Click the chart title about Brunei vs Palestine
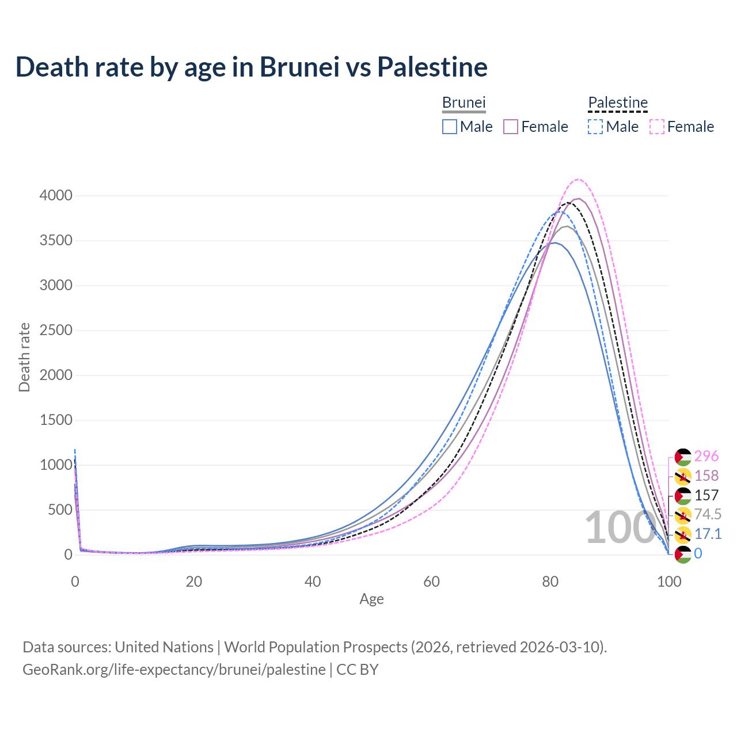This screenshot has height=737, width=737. [x=252, y=67]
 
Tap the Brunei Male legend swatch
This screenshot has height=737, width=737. [x=450, y=127]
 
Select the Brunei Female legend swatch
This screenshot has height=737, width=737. [x=511, y=127]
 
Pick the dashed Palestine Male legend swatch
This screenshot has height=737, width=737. [x=595, y=127]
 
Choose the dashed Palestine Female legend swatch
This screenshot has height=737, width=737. [x=657, y=127]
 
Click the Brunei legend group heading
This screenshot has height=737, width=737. [x=464, y=102]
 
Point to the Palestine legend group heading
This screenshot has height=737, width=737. [x=618, y=102]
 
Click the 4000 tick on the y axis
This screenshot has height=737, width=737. [x=56, y=196]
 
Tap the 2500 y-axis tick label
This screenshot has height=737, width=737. [x=56, y=330]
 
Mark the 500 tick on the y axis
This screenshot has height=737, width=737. [x=60, y=510]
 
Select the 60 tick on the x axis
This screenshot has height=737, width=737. [x=431, y=582]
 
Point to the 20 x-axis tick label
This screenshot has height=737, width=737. [x=194, y=582]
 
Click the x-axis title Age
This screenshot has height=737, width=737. [x=371, y=599]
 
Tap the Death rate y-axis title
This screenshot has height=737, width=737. [x=24, y=357]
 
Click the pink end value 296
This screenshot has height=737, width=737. [x=706, y=456]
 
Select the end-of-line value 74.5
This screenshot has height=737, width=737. [x=708, y=514]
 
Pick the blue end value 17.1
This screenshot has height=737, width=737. [x=708, y=534]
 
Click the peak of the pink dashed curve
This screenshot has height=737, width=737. [x=579, y=179]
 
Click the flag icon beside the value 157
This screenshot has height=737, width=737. [x=683, y=495]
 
